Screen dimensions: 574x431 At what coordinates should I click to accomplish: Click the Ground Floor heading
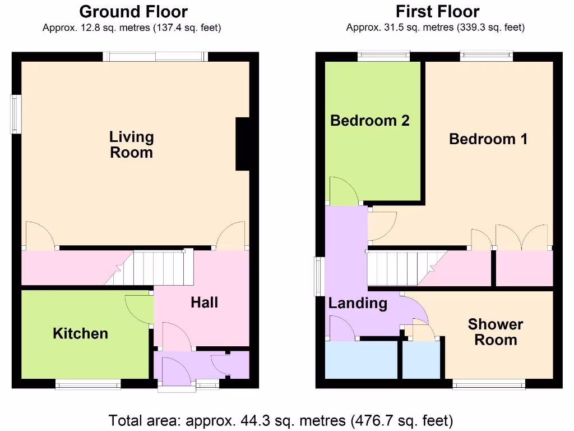133,12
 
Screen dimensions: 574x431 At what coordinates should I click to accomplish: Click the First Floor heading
437,12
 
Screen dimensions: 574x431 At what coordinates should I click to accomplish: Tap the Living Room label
131,144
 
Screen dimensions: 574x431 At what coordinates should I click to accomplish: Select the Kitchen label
81,333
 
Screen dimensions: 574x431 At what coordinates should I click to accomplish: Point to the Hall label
204,302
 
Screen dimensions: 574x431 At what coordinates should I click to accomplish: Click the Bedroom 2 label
370,120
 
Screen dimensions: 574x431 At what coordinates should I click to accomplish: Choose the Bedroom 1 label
488,139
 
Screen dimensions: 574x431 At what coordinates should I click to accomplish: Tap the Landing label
358,303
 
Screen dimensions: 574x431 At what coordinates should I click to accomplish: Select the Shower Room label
496,332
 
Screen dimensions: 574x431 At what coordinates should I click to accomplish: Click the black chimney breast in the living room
242,144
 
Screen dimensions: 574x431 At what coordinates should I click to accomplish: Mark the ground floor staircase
150,268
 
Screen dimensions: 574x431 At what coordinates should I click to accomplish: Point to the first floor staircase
407,268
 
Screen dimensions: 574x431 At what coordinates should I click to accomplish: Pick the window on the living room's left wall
16,114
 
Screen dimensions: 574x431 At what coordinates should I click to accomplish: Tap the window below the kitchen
88,384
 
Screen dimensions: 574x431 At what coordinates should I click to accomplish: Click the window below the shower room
489,384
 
